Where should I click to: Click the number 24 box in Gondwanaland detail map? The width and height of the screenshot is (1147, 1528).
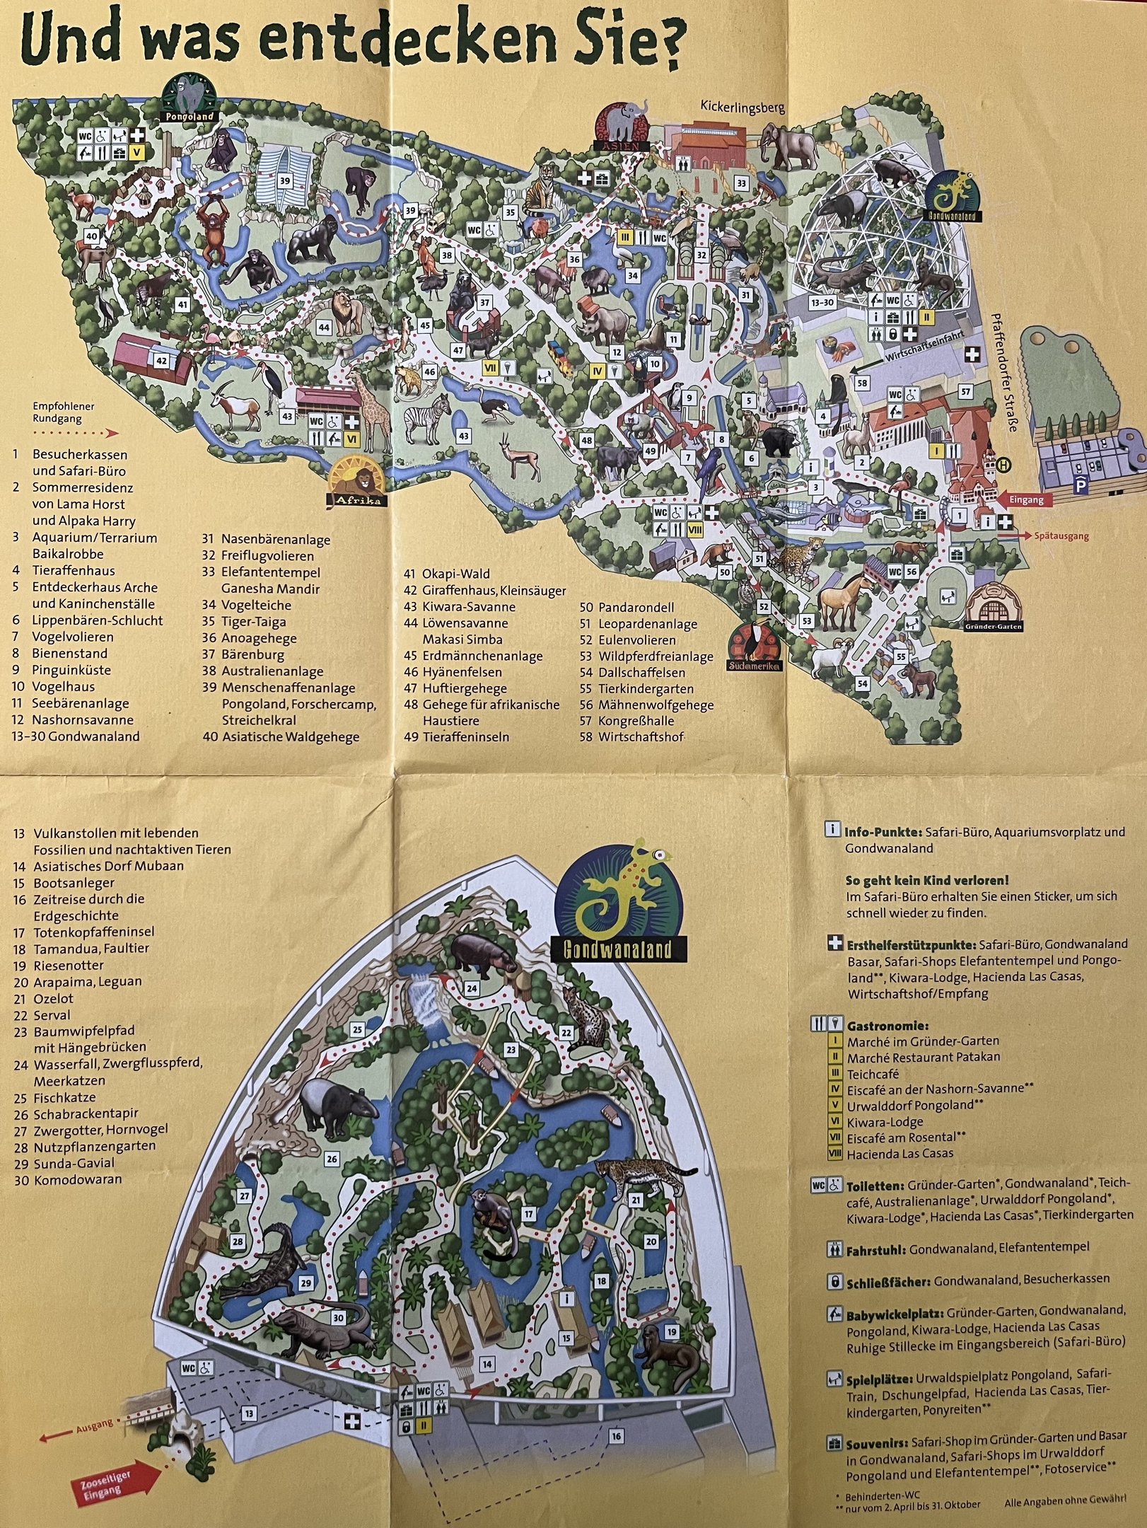point(472,988)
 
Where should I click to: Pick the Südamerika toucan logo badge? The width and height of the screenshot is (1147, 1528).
point(754,647)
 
